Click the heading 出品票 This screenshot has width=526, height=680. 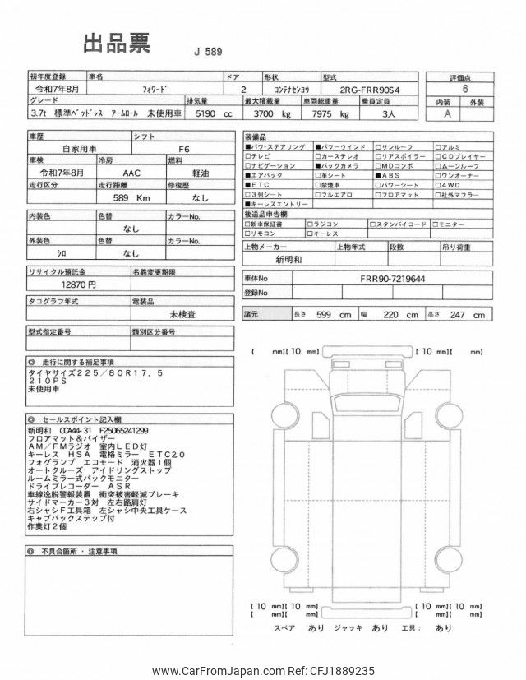coord(117,44)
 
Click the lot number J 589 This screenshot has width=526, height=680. coord(210,53)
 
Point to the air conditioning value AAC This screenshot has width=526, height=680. coord(131,173)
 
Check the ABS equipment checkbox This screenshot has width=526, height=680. coord(378,175)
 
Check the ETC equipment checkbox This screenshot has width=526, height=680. coord(249,186)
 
